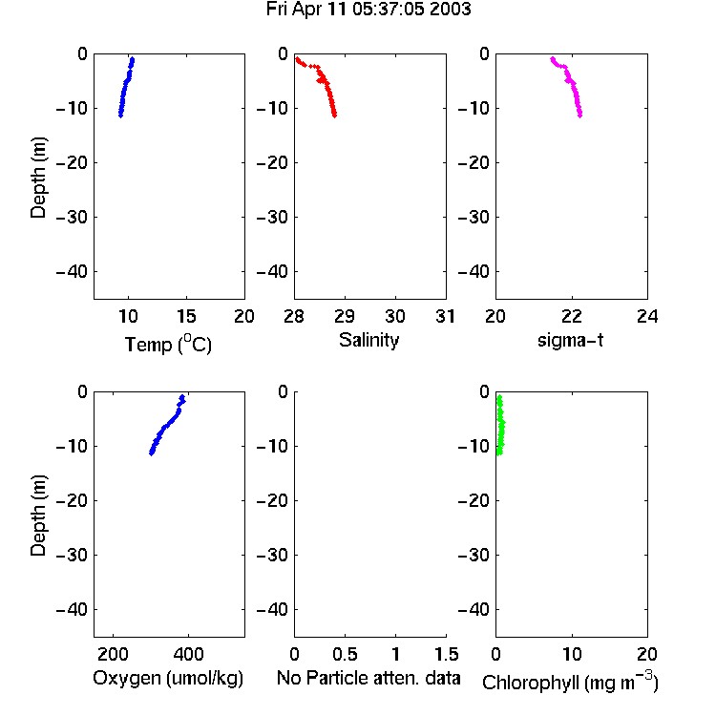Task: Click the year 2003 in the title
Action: coord(450,10)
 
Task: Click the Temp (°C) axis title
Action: coord(168,344)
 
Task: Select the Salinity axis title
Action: coord(369,341)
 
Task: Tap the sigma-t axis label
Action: coord(570,340)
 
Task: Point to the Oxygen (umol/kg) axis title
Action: coord(168,679)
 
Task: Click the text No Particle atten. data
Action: coord(369,678)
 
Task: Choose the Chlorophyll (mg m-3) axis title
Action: coord(570,682)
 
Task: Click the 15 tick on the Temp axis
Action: coord(186,316)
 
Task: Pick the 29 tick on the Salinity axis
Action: coord(345,316)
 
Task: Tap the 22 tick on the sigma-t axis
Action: coord(572,316)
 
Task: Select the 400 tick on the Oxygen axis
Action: coord(188,654)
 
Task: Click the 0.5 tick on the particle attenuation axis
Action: coord(345,654)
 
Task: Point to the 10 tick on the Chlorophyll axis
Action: coord(572,654)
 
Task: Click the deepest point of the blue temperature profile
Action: coord(120,116)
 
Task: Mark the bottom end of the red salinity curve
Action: coord(335,116)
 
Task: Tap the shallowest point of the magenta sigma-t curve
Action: coord(553,59)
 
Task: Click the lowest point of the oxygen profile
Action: coord(152,453)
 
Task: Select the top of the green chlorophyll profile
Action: coord(499,397)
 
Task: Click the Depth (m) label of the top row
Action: coord(38,178)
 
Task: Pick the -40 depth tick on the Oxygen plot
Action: coord(72,609)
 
